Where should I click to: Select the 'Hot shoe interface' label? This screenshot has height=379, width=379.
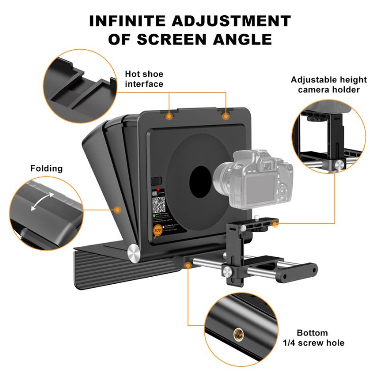144,79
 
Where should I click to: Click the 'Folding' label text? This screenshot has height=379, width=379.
46,168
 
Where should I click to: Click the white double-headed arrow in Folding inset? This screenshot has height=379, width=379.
42,201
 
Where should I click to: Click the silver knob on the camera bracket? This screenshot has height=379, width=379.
228,271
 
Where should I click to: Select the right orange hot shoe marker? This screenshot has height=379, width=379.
226,115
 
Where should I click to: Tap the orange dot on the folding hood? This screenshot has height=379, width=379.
118,209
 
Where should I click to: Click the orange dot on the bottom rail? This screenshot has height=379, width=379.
188,266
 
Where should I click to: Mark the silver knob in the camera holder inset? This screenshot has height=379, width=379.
340,164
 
